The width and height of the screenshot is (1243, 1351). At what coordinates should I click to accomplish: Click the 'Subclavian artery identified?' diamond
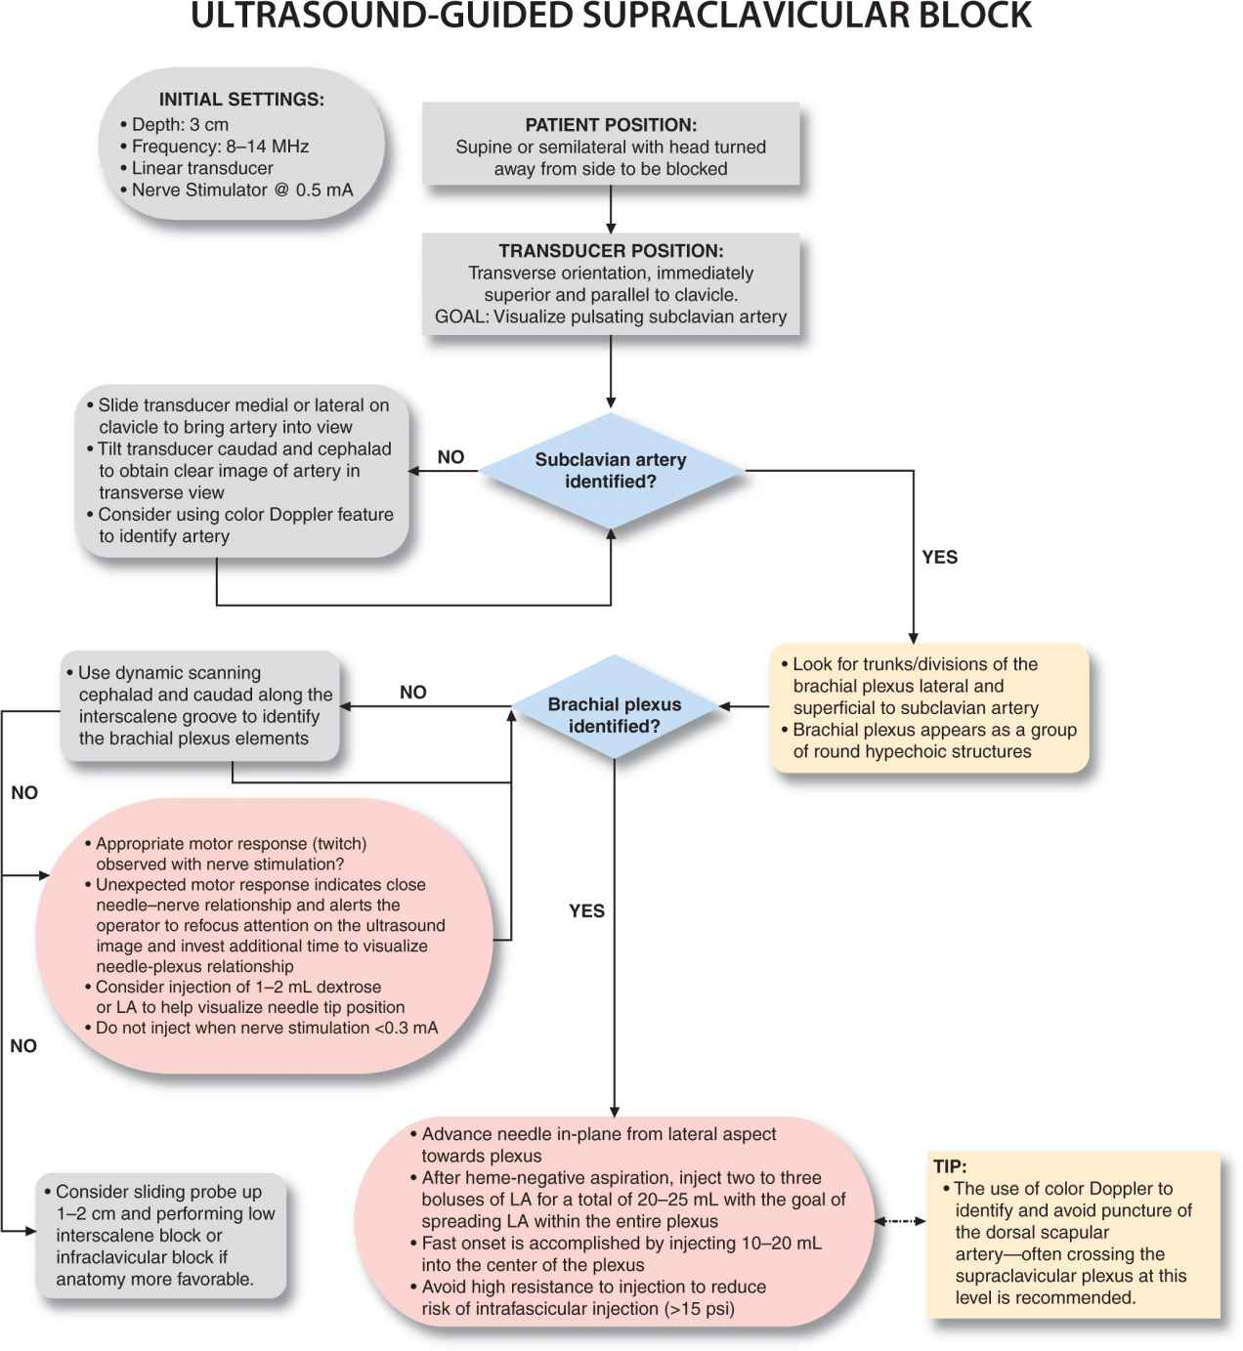(611, 471)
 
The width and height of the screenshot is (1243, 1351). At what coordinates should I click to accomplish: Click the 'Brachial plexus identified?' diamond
(614, 715)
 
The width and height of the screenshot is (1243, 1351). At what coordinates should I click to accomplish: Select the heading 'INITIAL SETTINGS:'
(241, 100)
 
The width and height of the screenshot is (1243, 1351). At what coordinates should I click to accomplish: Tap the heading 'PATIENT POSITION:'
(611, 125)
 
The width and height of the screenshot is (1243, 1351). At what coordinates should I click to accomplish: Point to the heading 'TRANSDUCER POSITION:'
(611, 251)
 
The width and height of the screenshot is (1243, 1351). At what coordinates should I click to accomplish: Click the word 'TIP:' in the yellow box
(950, 1166)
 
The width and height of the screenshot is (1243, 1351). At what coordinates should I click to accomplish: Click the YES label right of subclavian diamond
(939, 557)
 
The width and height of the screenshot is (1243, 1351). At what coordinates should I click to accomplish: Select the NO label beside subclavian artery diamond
(450, 457)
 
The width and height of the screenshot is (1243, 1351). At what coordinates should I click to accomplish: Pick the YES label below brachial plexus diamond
(586, 910)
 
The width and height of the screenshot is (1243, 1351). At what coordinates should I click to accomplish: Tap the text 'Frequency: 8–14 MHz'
(220, 147)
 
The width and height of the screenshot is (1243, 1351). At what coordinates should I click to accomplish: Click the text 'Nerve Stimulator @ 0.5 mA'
(241, 190)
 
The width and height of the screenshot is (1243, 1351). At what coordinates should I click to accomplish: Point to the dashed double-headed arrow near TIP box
(899, 1221)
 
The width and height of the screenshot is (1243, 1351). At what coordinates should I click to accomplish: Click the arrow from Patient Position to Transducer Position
(611, 208)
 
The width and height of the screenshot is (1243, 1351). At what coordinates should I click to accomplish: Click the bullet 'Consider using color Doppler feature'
(245, 515)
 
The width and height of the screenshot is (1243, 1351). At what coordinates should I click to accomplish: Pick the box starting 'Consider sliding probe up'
(162, 1235)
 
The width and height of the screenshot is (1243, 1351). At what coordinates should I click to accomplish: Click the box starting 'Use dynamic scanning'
(200, 705)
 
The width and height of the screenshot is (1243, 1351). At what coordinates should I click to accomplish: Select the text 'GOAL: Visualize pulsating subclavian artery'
(611, 317)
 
